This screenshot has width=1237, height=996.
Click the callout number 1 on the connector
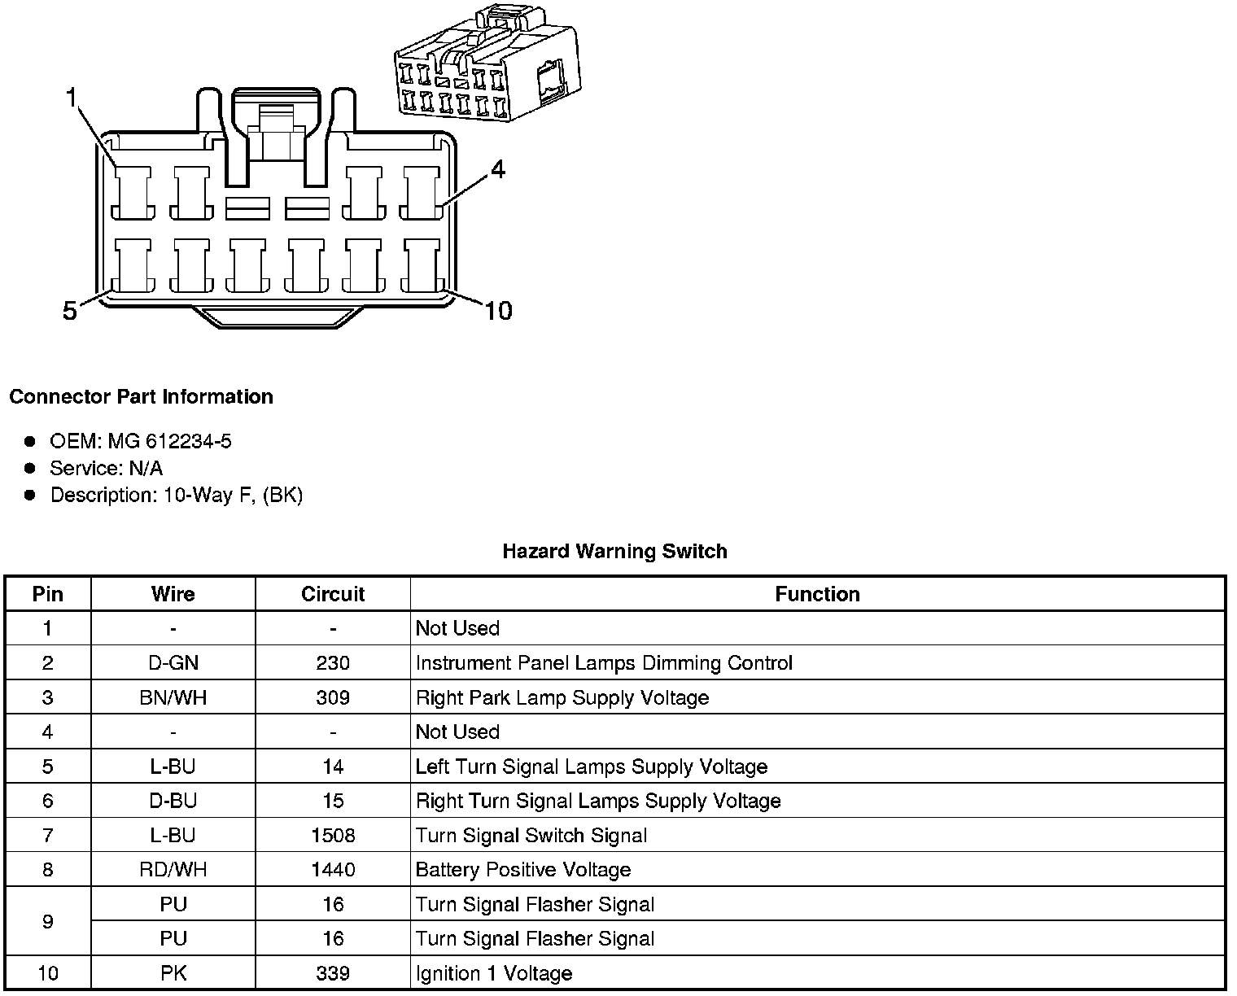[x=72, y=98]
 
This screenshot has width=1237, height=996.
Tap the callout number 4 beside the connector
[x=497, y=169]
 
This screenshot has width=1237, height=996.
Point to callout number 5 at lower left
[x=70, y=310]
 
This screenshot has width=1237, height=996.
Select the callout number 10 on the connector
[x=498, y=310]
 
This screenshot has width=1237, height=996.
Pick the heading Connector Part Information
[x=141, y=396]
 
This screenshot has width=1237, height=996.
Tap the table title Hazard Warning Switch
[x=614, y=551]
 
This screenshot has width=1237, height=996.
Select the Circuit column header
[x=333, y=594]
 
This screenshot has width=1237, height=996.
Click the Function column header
[x=817, y=594]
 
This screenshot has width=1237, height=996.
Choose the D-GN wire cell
[x=173, y=663]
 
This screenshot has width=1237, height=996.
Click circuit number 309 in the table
[x=333, y=697]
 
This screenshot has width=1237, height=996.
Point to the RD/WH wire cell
[x=173, y=870]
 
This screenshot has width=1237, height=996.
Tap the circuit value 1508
[x=333, y=836]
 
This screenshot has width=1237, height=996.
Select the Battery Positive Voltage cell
[x=523, y=870]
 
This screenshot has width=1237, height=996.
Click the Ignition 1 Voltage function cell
[x=494, y=973]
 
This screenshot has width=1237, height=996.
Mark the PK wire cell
[x=173, y=973]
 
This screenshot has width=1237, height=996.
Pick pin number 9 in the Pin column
[x=48, y=921]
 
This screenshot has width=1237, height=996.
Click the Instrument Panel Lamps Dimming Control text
[x=604, y=663]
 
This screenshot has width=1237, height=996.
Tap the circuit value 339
[x=333, y=973]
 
